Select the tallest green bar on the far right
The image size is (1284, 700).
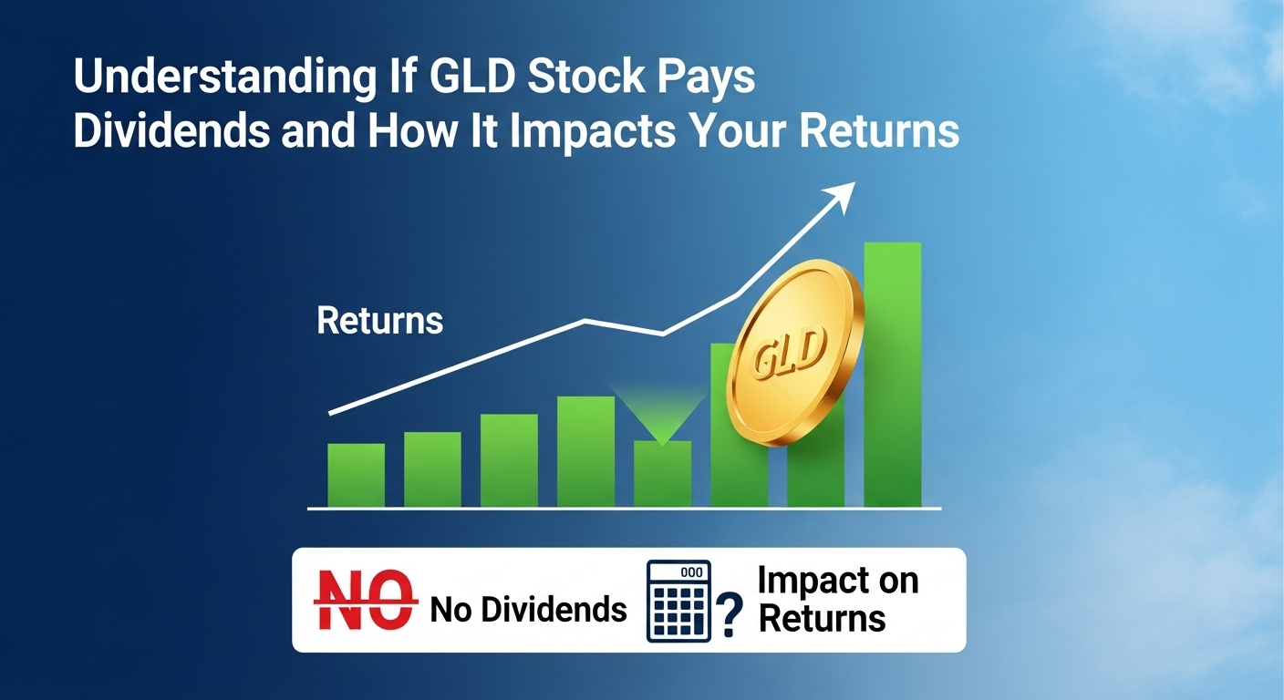[x=892, y=374]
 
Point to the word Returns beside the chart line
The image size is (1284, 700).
[x=379, y=321]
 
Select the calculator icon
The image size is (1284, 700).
[x=678, y=601]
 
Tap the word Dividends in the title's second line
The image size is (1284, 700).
[x=171, y=132]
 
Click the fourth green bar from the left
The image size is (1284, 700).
[x=585, y=451]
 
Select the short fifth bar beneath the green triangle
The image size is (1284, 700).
[x=662, y=474]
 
